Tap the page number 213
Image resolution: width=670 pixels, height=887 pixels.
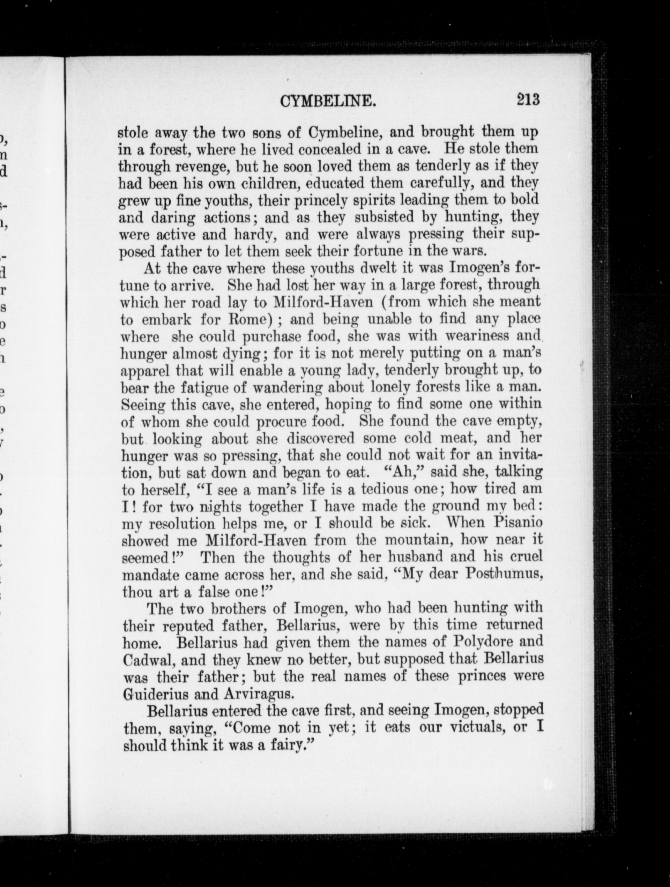click(528, 99)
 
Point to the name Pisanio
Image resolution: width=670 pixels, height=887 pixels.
click(518, 523)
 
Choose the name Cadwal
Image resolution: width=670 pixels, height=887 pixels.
click(148, 660)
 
